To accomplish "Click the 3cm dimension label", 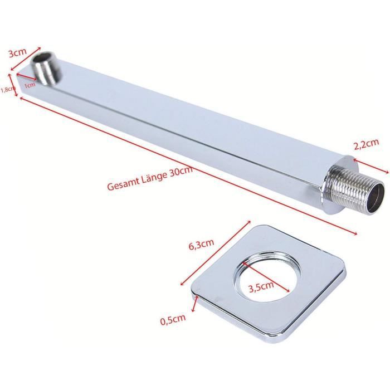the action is point(18,53).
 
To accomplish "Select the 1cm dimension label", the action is point(30,85).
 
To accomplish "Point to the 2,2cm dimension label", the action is point(367,144).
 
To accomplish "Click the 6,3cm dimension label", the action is point(201,245).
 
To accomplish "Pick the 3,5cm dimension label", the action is point(261,286).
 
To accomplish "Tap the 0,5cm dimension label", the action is point(173,320).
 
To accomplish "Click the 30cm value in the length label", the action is point(181,170).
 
